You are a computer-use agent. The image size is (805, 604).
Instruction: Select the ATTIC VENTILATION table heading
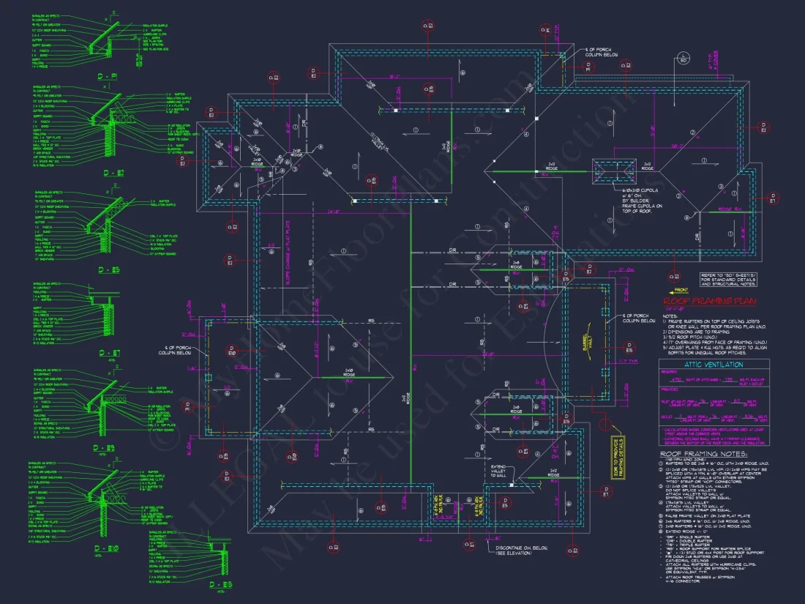[714, 365]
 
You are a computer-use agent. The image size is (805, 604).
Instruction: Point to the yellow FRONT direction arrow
[679, 291]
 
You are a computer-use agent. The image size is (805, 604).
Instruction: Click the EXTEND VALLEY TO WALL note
[499, 471]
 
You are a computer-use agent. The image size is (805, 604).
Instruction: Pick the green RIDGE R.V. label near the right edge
[735, 210]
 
